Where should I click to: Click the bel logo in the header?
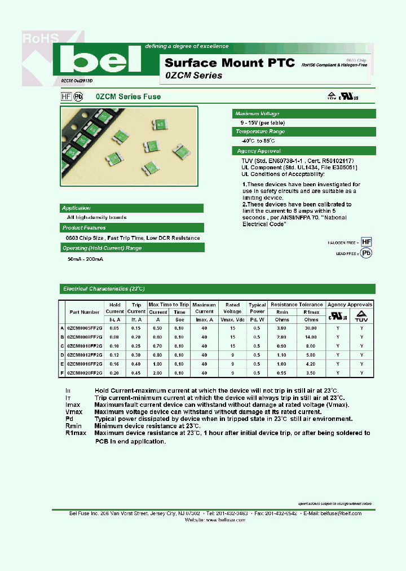tap(100, 59)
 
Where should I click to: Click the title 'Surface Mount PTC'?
tap(230, 63)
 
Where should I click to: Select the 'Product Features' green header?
tap(83, 228)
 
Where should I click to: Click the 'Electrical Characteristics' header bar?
tap(104, 289)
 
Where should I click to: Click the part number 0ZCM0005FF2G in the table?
tap(85, 328)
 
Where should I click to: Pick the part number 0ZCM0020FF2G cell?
tap(85, 373)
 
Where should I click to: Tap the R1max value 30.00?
tap(311, 328)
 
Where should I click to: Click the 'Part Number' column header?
tap(85, 311)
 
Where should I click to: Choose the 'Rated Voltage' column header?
tap(232, 308)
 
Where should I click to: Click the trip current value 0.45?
tap(136, 373)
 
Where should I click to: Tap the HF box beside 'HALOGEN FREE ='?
tap(367, 241)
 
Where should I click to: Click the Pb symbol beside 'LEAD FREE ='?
tap(367, 253)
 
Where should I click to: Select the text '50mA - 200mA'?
tap(85, 258)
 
